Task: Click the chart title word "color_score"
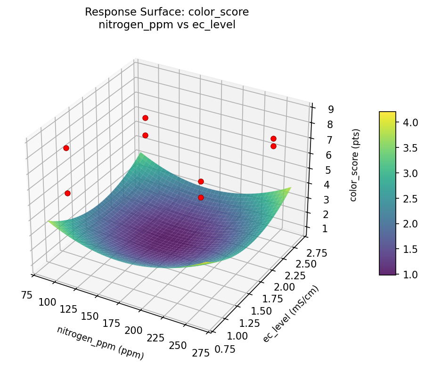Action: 220,12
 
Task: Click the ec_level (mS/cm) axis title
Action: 291,314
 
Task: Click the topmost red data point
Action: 145,118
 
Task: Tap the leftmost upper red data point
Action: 66,148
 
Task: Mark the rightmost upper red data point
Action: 273,138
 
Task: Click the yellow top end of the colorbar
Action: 387,114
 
